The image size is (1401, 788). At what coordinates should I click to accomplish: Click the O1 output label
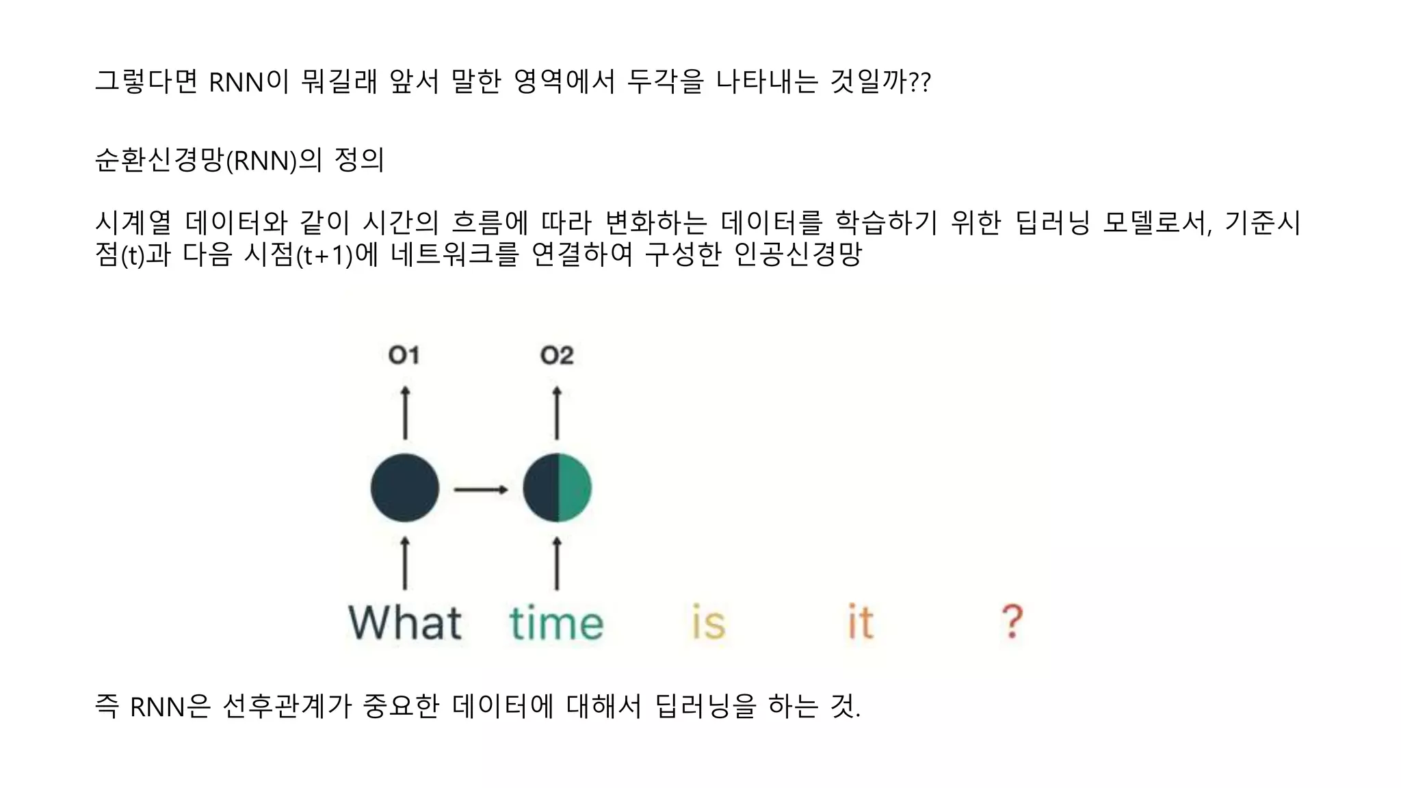404,355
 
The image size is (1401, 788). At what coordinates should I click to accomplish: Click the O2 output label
556,355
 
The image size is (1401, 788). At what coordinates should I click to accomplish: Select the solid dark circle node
405,488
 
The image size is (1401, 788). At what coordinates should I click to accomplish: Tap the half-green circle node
557,488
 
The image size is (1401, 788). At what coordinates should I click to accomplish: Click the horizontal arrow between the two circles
481,489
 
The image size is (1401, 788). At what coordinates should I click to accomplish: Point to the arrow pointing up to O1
405,413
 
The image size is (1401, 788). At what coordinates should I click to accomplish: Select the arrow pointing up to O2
557,413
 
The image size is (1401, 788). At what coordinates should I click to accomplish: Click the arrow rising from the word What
405,563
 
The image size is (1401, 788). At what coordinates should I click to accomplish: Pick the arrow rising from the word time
557,563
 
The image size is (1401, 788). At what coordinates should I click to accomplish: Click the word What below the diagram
405,622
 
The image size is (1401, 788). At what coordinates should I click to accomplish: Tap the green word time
556,624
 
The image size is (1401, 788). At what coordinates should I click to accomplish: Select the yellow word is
708,622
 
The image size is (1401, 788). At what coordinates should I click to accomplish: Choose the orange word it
861,622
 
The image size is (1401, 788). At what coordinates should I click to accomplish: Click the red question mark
1012,621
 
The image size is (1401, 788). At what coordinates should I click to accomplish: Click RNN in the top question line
236,83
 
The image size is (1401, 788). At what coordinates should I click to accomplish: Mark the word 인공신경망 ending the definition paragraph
797,255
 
